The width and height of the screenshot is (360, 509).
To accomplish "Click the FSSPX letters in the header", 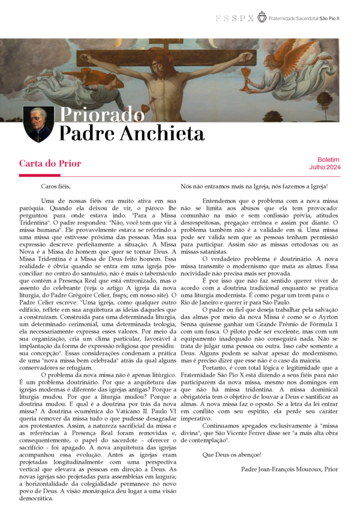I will click(235, 19).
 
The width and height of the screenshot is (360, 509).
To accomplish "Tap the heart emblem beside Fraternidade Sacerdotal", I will click(262, 17).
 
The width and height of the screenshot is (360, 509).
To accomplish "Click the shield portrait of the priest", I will click(37, 124).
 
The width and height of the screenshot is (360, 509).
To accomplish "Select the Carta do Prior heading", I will click(50, 163).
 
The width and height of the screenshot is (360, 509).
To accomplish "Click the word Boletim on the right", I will click(328, 160).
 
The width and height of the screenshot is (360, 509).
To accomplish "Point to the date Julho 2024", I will click(325, 167).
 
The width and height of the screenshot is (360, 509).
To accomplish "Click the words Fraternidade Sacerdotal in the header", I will click(294, 19).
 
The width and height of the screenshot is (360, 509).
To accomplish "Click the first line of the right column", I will click(259, 187).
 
